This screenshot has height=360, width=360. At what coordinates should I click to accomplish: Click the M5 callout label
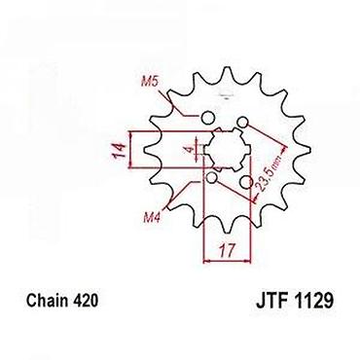150,82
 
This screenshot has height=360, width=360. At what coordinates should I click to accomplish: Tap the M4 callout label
152,217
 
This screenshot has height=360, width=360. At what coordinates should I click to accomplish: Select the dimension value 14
119,150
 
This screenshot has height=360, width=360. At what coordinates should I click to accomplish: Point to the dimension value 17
226,250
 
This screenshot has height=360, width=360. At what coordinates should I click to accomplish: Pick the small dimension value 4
190,150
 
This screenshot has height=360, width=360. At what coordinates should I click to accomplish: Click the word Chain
48,301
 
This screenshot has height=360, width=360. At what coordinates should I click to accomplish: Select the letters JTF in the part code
272,301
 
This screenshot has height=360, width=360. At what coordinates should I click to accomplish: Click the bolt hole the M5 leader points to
207,118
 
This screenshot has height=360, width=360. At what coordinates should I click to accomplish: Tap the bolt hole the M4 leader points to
212,178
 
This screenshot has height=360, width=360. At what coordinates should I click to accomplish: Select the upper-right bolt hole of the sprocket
242,122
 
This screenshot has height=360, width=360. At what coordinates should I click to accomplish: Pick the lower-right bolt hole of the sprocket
247,182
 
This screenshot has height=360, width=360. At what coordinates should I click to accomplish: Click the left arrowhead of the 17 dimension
205,261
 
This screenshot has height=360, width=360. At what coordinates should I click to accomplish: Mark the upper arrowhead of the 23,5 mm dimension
284,149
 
